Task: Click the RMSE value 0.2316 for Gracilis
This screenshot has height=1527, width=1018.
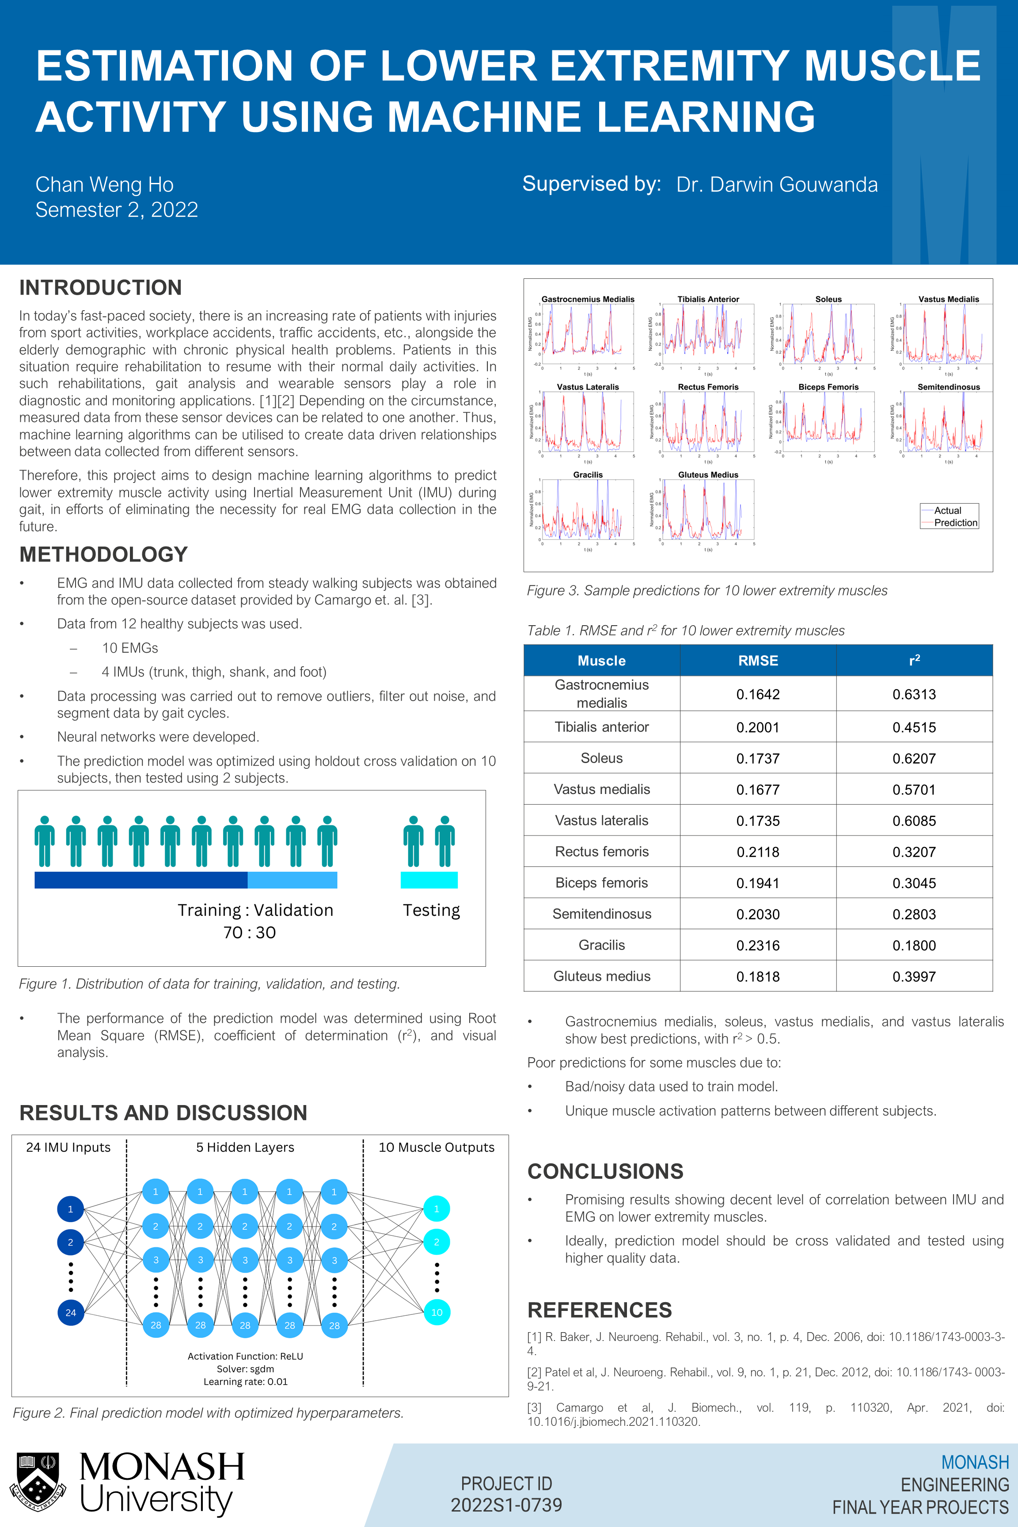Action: [758, 945]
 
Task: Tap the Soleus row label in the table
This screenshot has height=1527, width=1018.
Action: [601, 758]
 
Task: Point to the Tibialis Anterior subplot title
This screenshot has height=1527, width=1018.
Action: [708, 299]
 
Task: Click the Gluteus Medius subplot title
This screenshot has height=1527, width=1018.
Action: [708, 475]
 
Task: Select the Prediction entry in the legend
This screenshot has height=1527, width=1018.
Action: [955, 523]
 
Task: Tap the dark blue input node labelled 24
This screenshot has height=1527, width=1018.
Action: [71, 1312]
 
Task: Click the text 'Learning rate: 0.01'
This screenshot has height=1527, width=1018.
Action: [245, 1382]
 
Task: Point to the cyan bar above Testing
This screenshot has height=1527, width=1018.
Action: [429, 880]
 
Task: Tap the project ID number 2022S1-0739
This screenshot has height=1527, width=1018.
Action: [506, 1505]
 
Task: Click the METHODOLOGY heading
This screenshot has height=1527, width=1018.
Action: [103, 555]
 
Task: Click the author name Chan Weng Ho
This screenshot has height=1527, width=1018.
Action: [105, 185]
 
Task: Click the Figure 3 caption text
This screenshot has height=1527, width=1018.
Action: [707, 591]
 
